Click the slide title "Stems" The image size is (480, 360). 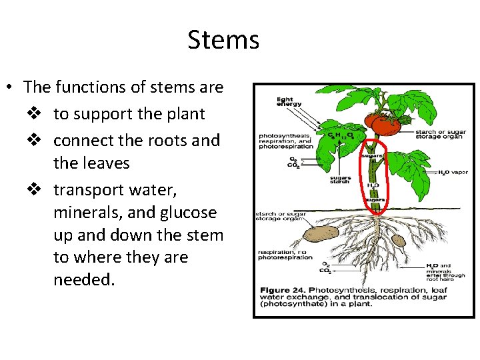click(x=223, y=40)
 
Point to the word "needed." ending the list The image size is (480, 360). click(x=84, y=280)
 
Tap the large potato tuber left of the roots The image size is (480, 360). click(x=321, y=233)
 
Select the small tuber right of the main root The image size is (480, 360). click(x=398, y=240)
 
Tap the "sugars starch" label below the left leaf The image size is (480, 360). click(x=341, y=181)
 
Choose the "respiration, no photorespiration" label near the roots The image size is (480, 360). click(x=285, y=255)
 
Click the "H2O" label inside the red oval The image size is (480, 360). click(x=373, y=185)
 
